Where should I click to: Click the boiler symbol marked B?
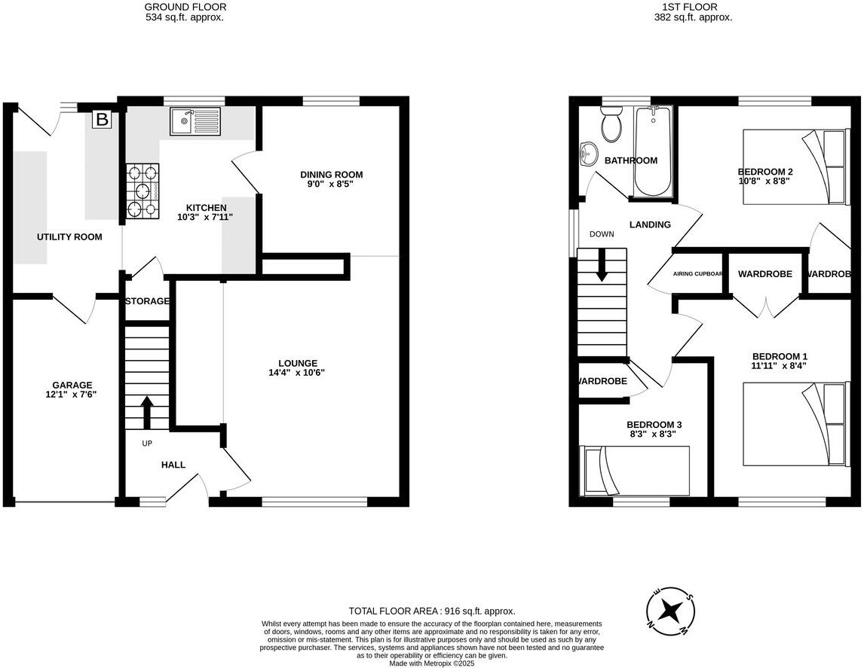pyautogui.click(x=101, y=119)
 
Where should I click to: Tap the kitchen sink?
pyautogui.click(x=195, y=121)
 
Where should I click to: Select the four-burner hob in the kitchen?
pyautogui.click(x=142, y=190)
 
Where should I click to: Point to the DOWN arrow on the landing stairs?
pyautogui.click(x=602, y=267)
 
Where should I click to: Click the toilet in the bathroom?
pyautogui.click(x=611, y=124)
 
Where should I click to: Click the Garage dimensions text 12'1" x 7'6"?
pyautogui.click(x=72, y=394)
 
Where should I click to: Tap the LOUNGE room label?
pyautogui.click(x=297, y=362)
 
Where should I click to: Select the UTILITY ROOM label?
pyautogui.click(x=69, y=236)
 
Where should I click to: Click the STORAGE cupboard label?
pyautogui.click(x=147, y=301)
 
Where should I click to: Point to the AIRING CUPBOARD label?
pyautogui.click(x=698, y=274)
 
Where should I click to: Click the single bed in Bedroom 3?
pyautogui.click(x=635, y=471)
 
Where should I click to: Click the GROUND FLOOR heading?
pyautogui.click(x=184, y=7)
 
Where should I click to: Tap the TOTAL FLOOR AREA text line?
pyautogui.click(x=432, y=611)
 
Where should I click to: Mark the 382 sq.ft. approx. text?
pyautogui.click(x=693, y=17)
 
